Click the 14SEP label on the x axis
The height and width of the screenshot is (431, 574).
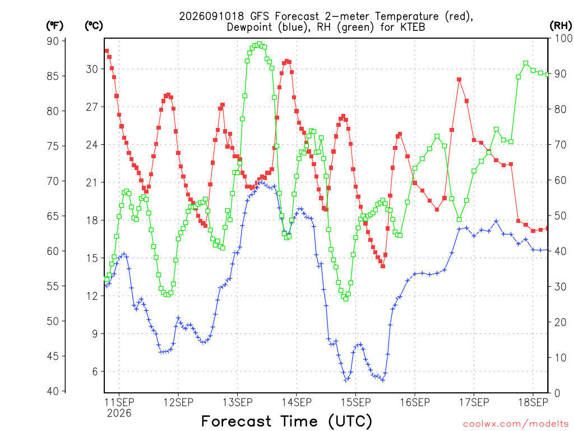pos(297,402)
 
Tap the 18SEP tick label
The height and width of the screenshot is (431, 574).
pos(534,402)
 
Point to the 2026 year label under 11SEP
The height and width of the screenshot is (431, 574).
pos(119,414)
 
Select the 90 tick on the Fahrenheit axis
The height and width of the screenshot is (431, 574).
pos(53,41)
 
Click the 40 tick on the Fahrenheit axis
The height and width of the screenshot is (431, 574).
pos(53,391)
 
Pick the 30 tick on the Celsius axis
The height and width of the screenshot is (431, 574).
pos(92,69)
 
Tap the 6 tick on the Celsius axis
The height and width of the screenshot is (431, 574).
pos(95,372)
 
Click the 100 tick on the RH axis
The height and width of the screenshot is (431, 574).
pos(564,38)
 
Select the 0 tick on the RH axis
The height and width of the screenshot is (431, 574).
pos(557,393)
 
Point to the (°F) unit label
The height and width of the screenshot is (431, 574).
pos(54,26)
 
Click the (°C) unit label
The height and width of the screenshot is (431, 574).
pos(94,26)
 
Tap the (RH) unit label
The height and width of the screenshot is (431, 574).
pos(561,26)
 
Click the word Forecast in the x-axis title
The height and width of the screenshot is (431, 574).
pos(237,421)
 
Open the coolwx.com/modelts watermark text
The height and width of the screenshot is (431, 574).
pos(516,424)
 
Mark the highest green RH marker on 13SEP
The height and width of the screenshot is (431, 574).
pos(260,44)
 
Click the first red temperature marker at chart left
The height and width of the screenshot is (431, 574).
pos(107,51)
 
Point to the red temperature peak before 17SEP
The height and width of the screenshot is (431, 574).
pos(459,80)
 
